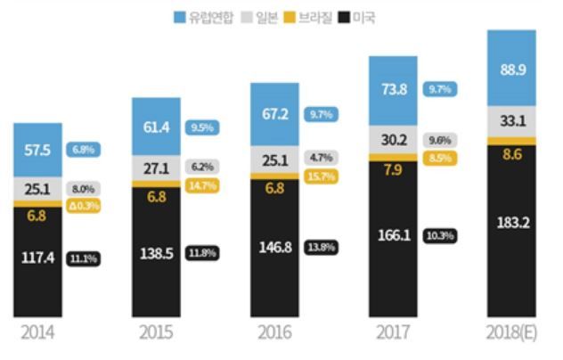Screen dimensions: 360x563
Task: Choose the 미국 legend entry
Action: click(362, 17)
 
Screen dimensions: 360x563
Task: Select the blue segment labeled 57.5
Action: click(37, 150)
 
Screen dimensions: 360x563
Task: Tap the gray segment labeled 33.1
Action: click(511, 121)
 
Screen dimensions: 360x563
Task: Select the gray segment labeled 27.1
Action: click(156, 168)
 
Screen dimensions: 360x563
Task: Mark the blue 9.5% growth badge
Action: click(202, 127)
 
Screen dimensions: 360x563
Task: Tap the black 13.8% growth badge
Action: click(321, 244)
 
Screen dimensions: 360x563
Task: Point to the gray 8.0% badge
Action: click(84, 189)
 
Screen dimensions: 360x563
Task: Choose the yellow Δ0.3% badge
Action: click(84, 206)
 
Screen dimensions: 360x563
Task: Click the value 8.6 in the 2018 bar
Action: click(511, 155)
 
